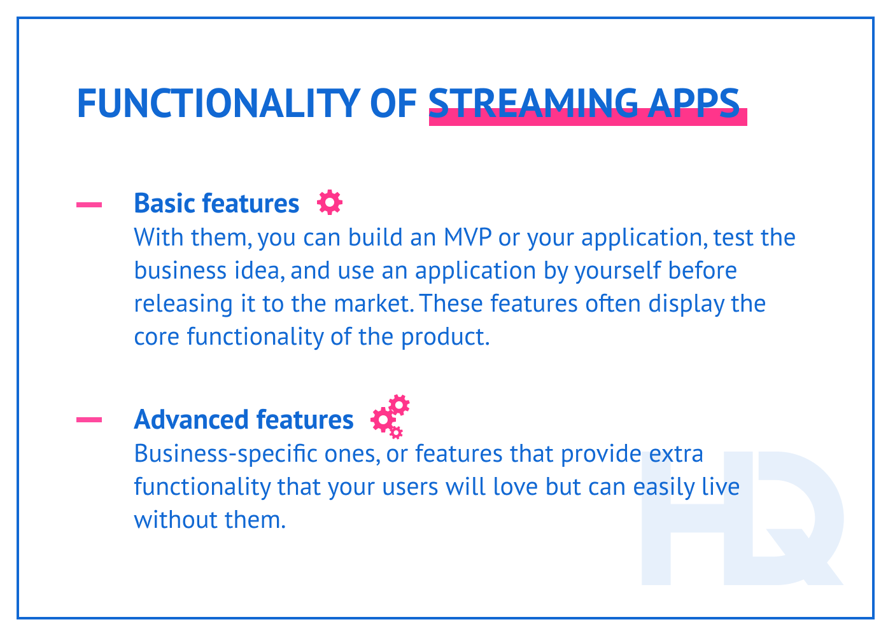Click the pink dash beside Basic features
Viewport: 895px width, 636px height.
click(89, 205)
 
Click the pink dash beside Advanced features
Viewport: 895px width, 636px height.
click(89, 419)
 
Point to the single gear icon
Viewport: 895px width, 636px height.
click(330, 202)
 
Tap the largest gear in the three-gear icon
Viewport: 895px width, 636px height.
click(383, 420)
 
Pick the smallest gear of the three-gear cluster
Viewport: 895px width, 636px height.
click(396, 433)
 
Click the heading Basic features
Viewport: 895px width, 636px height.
click(216, 204)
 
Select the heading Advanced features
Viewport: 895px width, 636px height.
click(244, 420)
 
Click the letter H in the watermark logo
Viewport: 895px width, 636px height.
click(684, 518)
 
